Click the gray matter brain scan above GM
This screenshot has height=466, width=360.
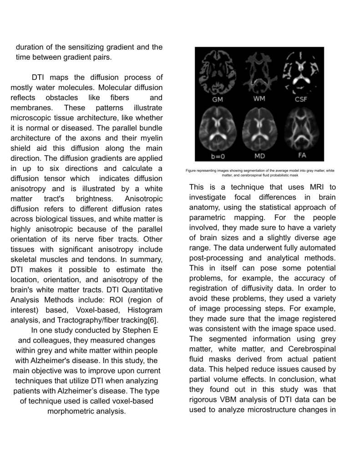pyautogui.click(x=218, y=71)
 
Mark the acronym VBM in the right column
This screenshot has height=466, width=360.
pyautogui.click(x=225, y=399)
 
